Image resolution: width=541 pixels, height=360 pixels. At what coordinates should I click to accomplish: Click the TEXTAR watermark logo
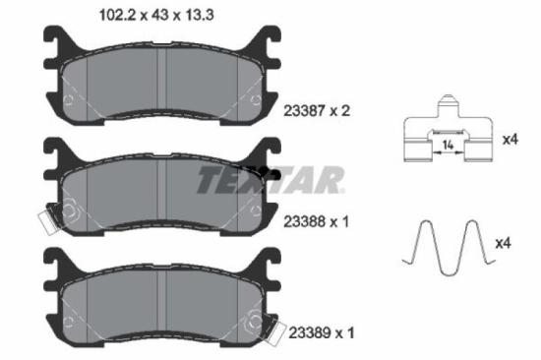[270, 180]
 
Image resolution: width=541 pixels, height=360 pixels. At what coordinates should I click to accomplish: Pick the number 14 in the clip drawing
[449, 146]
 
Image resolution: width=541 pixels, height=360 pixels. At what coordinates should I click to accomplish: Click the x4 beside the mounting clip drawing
[510, 140]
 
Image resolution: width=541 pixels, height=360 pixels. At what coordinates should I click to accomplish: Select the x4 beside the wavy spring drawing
[502, 242]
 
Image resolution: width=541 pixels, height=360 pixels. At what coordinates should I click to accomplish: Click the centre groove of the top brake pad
[162, 85]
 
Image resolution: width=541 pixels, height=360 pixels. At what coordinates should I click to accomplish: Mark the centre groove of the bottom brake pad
[162, 306]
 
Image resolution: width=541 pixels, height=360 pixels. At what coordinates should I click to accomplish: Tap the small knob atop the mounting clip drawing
[448, 101]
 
